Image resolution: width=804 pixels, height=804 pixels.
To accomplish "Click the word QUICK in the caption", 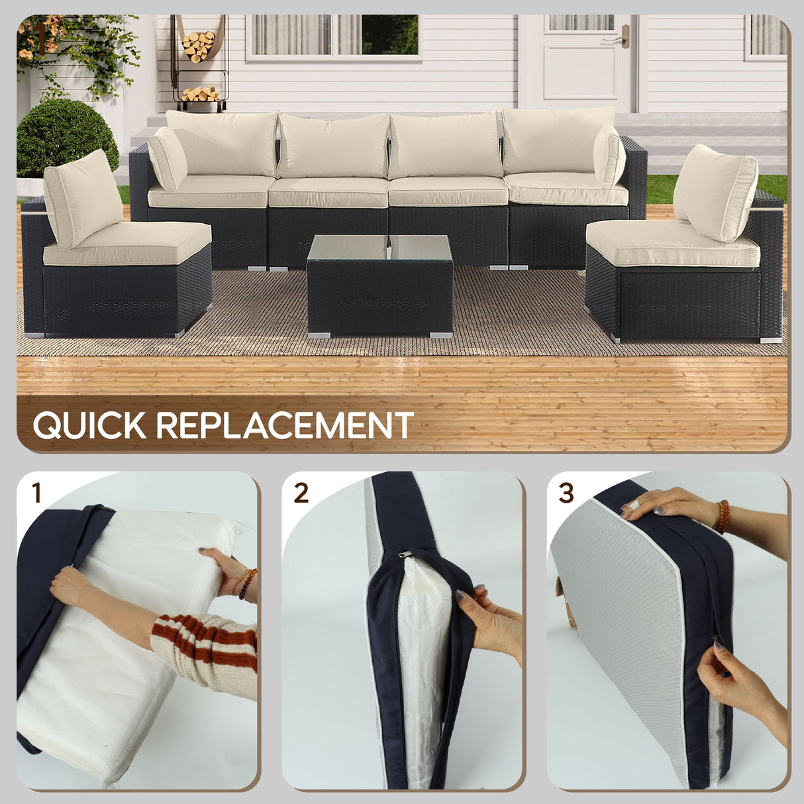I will coord(89,425).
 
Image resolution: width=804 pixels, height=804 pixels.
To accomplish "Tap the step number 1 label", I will coord(36,493).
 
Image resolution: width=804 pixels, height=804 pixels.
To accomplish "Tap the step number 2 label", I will coord(301,493).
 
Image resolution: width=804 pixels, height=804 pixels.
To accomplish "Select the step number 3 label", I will coord(566,493).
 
